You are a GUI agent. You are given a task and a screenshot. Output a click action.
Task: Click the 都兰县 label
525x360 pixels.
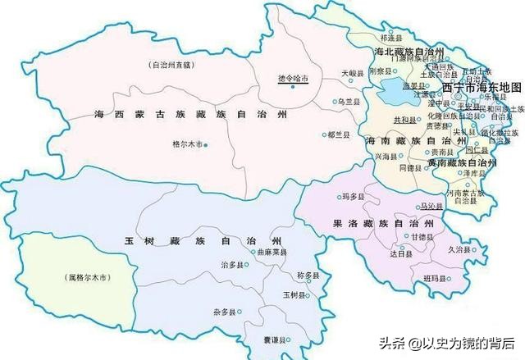point(341,134)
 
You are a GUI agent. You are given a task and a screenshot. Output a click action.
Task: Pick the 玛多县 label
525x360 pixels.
point(329,197)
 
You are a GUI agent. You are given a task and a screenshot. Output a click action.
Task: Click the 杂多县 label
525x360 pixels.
point(223,312)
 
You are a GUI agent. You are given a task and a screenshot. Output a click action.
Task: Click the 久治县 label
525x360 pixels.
point(459,249)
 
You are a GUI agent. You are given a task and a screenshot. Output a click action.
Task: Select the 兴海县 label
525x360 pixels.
point(386,155)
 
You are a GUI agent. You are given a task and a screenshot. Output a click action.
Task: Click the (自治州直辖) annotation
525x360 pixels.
point(169,64)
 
